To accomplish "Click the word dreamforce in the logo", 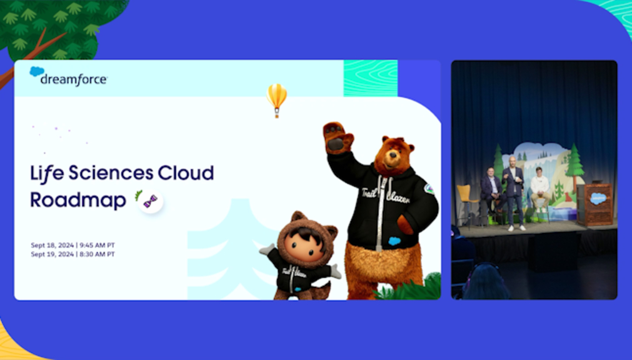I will pyautogui.click(x=74, y=79).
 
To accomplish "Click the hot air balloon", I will pyautogui.click(x=276, y=98).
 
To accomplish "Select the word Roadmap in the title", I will pyautogui.click(x=78, y=199).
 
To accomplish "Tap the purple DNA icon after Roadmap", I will pyautogui.click(x=150, y=201).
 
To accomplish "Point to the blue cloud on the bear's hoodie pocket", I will pyautogui.click(x=394, y=241).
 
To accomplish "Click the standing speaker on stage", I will pyautogui.click(x=514, y=191).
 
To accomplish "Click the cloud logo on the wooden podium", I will pyautogui.click(x=598, y=198).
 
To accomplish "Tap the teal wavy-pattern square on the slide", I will pyautogui.click(x=370, y=78).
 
